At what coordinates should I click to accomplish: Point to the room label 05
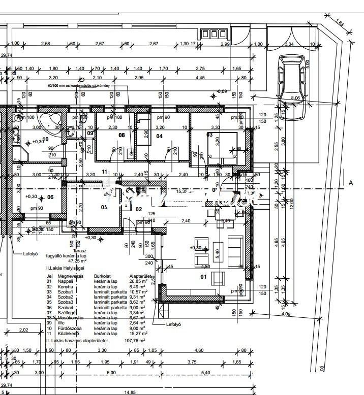pyautogui.click(x=104, y=207)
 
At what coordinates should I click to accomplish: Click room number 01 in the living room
pyautogui.click(x=203, y=277)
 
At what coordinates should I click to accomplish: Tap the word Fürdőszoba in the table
pyautogui.click(x=69, y=328)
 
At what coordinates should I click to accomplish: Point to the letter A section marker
pyautogui.click(x=350, y=183)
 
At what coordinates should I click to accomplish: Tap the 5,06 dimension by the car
pyautogui.click(x=295, y=98)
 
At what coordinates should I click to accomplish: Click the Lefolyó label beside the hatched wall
pyautogui.click(x=173, y=324)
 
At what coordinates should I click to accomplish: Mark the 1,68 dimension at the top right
pyautogui.click(x=341, y=23)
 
